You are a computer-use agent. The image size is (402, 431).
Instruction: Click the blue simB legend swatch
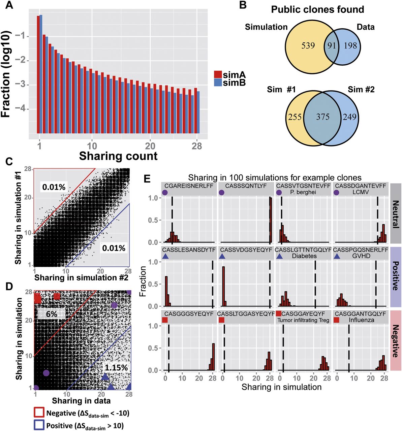(218, 82)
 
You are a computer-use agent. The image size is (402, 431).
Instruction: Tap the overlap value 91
(332, 45)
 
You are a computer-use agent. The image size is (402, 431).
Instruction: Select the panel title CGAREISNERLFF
(189, 186)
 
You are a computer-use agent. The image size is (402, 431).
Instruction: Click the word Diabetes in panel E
(304, 256)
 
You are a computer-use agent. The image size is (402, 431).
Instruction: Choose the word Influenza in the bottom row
(362, 320)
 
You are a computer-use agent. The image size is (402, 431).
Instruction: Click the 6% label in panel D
(52, 313)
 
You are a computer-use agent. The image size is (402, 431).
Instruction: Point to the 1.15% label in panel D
(116, 367)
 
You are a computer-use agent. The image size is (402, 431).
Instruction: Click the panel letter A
(9, 6)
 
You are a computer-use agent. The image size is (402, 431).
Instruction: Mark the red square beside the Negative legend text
(39, 412)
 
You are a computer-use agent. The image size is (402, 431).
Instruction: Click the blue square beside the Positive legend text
(39, 425)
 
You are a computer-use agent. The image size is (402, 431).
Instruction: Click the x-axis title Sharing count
(118, 156)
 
